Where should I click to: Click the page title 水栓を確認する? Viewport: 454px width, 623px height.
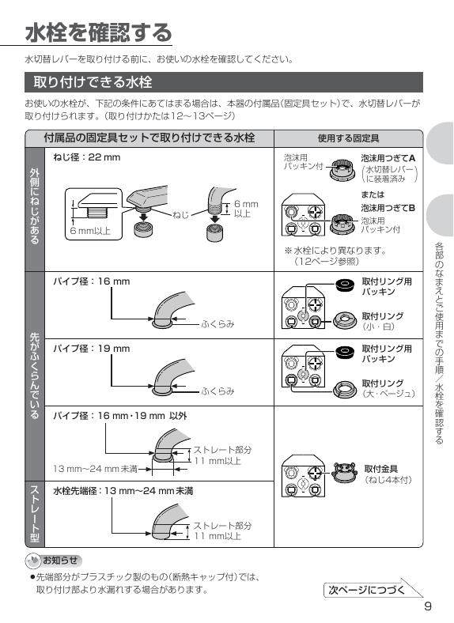[x=98, y=33]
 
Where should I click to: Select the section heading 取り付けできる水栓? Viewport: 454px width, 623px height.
[x=92, y=82]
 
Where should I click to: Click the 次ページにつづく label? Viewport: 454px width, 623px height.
[x=367, y=590]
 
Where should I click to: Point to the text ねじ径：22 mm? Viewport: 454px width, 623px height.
[x=86, y=157]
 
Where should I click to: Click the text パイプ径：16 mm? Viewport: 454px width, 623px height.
[x=91, y=281]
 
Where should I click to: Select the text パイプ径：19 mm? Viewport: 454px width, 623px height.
[x=91, y=348]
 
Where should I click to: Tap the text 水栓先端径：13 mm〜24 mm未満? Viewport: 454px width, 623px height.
[x=123, y=491]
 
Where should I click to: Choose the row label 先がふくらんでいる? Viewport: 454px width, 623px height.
[x=34, y=376]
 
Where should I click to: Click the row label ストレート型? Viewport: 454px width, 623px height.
[x=34, y=513]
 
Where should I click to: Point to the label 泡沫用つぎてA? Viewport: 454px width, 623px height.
[x=388, y=158]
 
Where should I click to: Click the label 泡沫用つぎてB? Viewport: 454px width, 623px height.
[x=388, y=208]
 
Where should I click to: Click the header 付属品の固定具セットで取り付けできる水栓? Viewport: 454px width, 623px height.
[x=149, y=138]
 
